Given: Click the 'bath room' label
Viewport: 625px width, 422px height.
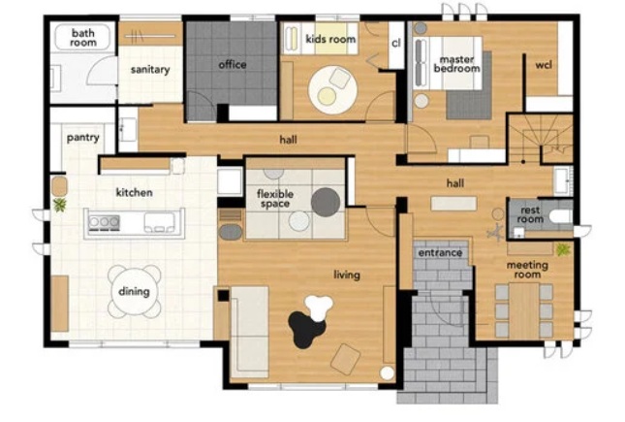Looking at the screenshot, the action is tap(83, 38).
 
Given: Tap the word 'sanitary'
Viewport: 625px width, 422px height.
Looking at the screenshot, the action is tap(150, 70).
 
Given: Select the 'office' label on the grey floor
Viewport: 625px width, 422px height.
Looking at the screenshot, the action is tap(233, 64).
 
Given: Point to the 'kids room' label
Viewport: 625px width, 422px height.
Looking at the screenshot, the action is tap(330, 39).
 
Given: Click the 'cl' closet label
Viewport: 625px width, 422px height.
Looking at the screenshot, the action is tap(395, 43).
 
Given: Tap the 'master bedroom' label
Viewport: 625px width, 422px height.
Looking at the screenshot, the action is tap(456, 64).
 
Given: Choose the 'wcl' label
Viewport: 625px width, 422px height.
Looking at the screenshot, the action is tap(544, 65).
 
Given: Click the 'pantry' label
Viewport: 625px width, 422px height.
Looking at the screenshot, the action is tap(83, 138).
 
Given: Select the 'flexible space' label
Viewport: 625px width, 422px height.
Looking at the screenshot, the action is tap(275, 199).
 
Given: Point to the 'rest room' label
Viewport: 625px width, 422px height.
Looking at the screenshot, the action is tap(530, 214).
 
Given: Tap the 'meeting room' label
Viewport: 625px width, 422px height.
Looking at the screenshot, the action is tap(527, 270).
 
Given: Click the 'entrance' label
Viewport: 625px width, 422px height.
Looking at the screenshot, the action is tap(440, 253).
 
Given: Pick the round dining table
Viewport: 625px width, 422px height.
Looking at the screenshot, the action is tap(134, 291).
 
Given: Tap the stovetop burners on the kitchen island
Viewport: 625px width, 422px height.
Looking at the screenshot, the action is tap(104, 222).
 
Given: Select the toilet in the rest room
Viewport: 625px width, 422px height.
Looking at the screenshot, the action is tap(561, 216).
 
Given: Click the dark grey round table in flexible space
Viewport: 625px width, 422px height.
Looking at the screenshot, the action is tap(326, 202).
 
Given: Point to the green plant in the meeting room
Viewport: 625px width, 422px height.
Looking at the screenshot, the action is tap(563, 250).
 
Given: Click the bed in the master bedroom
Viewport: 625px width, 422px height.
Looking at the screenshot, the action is tap(448, 63).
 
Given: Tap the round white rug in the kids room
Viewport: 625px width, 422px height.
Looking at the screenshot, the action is tap(332, 90).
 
